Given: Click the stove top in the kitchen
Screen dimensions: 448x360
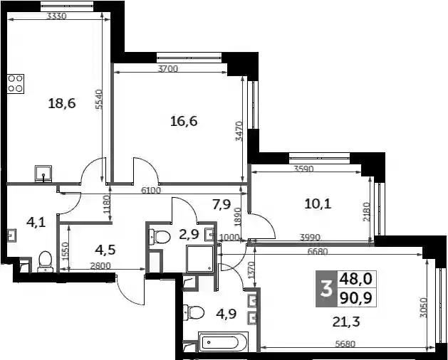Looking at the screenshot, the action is (16, 84).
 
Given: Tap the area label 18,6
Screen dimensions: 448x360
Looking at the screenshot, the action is (62, 103).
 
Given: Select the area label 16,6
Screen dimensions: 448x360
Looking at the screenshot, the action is (184, 122).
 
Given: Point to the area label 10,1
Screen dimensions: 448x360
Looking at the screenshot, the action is (318, 204).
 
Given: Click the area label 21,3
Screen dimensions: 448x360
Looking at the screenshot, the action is (346, 322).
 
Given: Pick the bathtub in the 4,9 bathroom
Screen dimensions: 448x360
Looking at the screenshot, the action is (223, 342).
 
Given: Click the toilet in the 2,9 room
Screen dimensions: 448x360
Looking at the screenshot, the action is (160, 237).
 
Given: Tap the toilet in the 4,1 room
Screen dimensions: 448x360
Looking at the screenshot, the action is (45, 262).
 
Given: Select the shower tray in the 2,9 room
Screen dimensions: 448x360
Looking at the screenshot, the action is (200, 258).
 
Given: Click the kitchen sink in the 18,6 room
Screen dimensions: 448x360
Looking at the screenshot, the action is (43, 174).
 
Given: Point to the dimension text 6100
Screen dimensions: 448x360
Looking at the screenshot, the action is (151, 190).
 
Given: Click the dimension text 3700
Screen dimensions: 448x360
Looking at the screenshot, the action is (168, 69).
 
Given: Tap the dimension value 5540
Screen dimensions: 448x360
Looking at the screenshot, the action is (98, 100).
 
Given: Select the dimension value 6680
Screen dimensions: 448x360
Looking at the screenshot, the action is (318, 252).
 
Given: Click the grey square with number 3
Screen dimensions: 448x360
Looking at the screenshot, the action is (326, 289).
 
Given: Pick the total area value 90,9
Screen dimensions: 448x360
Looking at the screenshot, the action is (356, 299).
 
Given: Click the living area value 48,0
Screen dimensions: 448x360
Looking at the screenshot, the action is (356, 279).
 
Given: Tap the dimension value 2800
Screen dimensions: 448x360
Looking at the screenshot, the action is (100, 266).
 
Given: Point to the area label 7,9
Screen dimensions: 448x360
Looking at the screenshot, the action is (222, 204).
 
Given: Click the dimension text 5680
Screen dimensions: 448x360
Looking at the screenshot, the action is (345, 344).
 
